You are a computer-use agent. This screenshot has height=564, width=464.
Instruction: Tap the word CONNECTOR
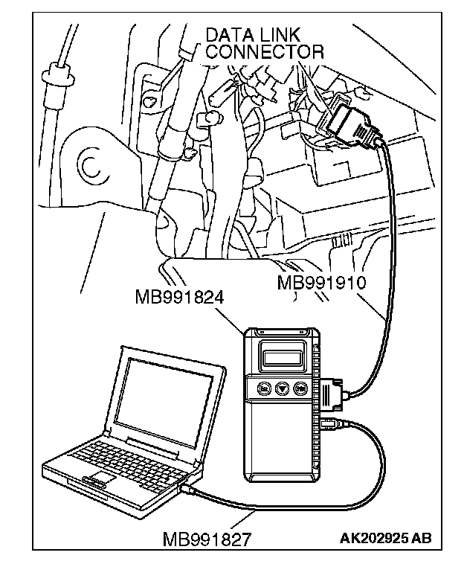264,51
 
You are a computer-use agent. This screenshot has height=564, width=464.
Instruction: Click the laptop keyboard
123,457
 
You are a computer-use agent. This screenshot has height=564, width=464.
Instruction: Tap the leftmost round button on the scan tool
263,388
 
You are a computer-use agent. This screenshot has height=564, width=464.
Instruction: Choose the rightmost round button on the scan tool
300,388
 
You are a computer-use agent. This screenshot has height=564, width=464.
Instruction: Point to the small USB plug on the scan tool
333,426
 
